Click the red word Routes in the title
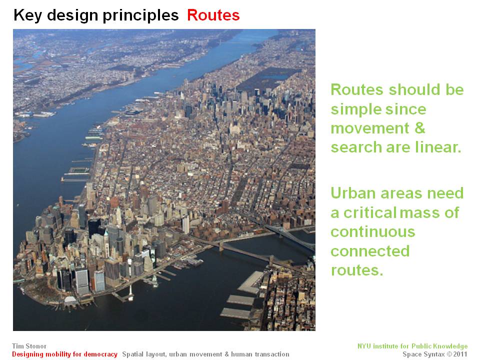pos(213,15)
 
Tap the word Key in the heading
pos(28,15)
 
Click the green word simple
pos(354,110)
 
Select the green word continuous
pos(373,231)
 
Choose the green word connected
pos(370,251)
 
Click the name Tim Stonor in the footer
pos(29,346)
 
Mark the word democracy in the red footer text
pos(100,354)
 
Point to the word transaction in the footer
pos(272,354)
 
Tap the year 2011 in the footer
pos(460,354)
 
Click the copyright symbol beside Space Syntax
pos(449,354)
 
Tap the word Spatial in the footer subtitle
pos(133,354)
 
